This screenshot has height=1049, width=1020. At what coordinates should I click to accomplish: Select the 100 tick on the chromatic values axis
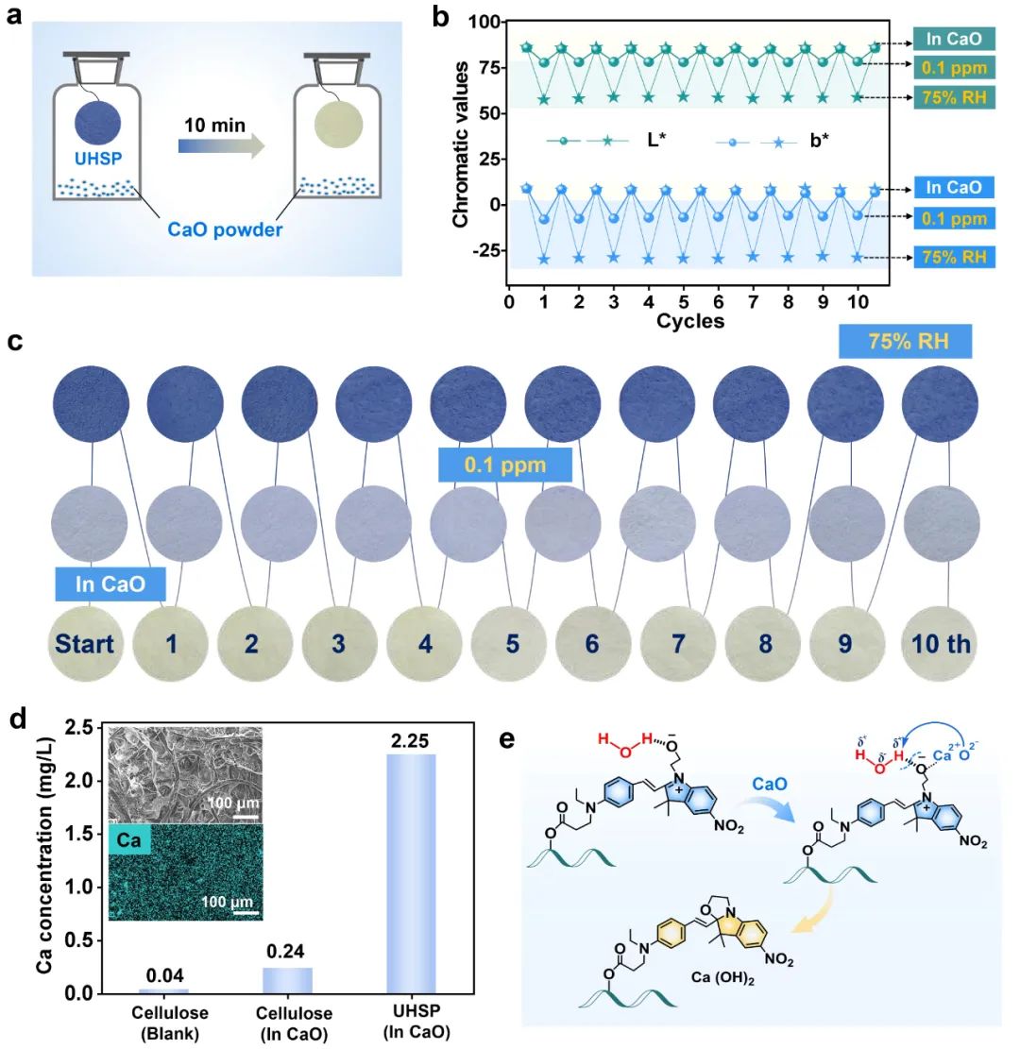pyautogui.click(x=486, y=22)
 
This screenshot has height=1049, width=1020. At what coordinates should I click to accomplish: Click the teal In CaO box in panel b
pyautogui.click(x=953, y=41)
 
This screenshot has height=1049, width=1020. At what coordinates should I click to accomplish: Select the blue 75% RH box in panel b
pyautogui.click(x=953, y=256)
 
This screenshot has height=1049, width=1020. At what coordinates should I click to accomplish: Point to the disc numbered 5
pyautogui.click(x=511, y=645)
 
